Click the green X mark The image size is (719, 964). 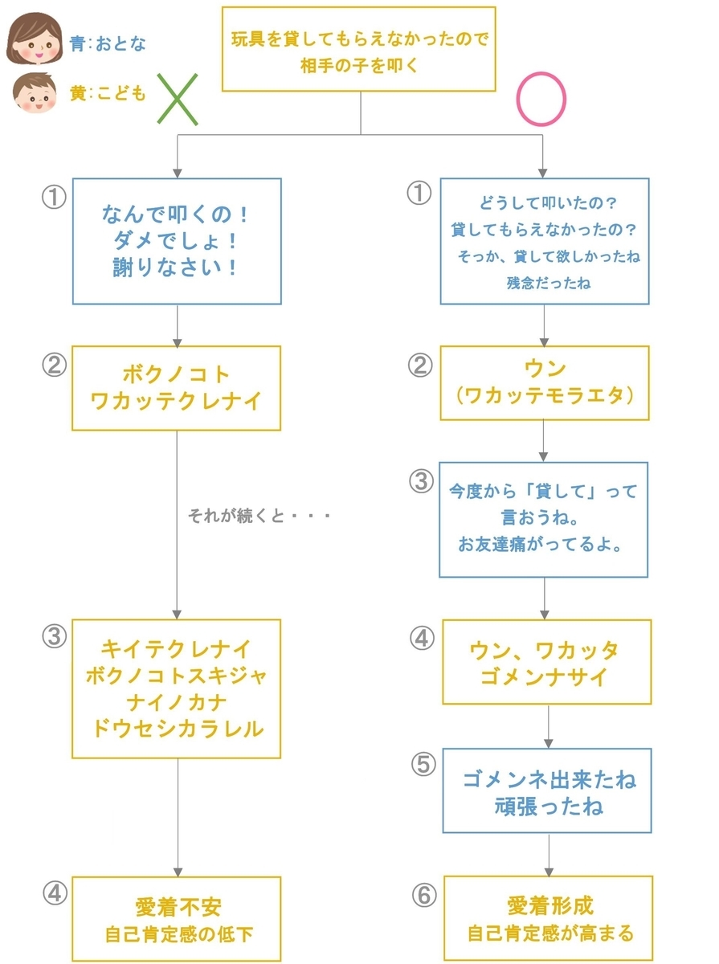tap(178, 100)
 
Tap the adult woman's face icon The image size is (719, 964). tap(35, 39)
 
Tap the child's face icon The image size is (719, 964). tap(35, 93)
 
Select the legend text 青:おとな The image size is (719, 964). tap(108, 43)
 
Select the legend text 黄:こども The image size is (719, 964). tap(108, 93)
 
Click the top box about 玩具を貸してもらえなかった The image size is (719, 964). tap(358, 49)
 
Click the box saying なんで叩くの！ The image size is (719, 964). tap(177, 241)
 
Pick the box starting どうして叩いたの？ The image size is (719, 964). tap(544, 241)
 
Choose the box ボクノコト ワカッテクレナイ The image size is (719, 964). tap(176, 388)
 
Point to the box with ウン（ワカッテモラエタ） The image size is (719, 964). tap(544, 382)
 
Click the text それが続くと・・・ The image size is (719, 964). tap(259, 515)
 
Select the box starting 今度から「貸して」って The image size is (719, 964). tap(543, 520)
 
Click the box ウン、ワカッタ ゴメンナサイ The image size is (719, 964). tap(546, 662)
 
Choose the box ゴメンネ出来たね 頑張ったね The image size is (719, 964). tap(547, 790)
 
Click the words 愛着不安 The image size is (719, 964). tap(178, 907)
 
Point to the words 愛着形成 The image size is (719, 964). tap(550, 905)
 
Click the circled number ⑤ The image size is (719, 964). tap(423, 764)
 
